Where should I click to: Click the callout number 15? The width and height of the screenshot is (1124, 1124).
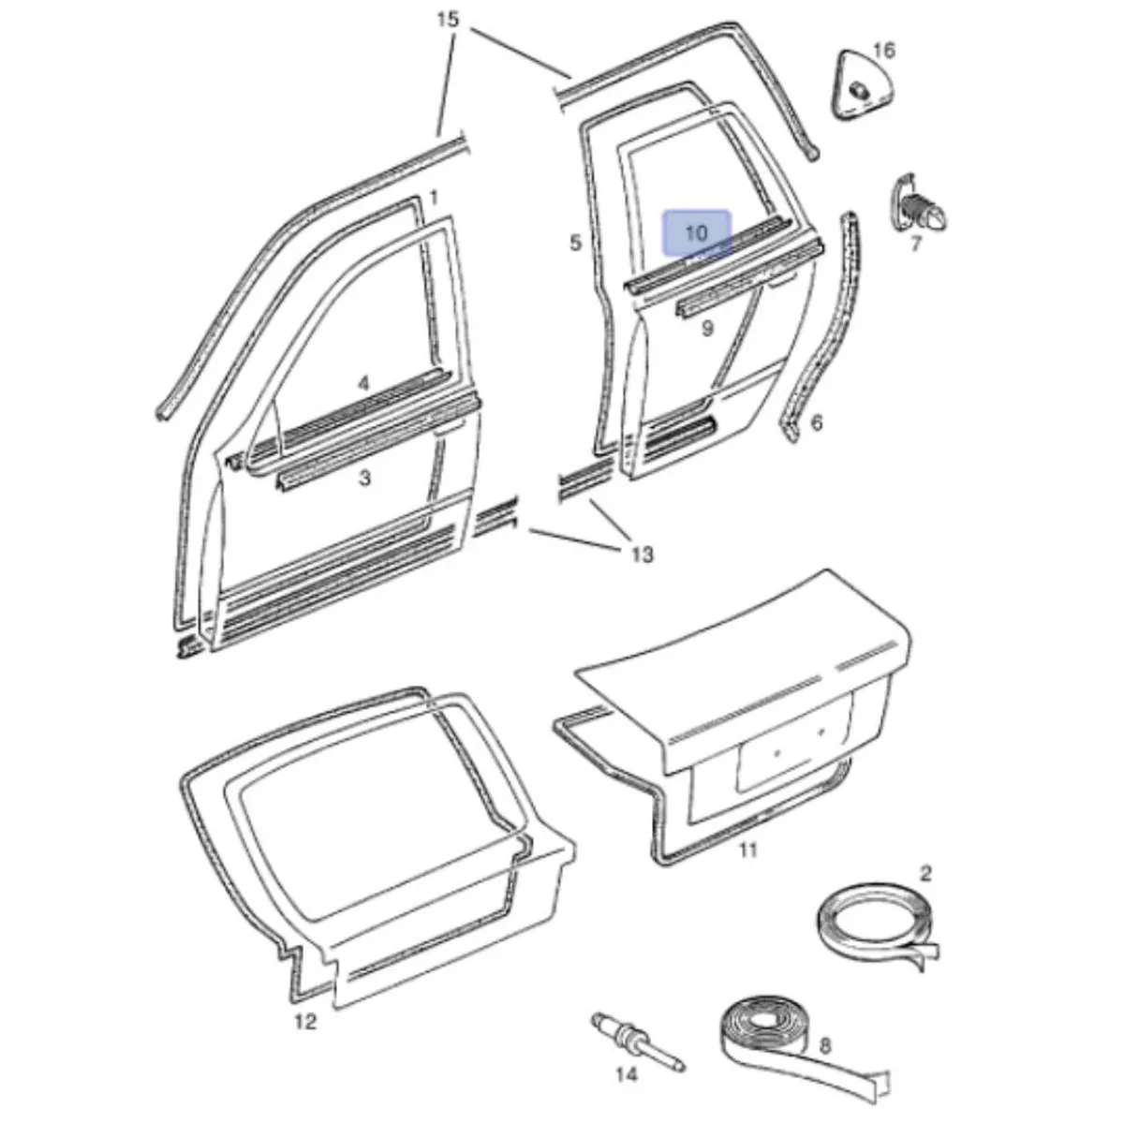448,20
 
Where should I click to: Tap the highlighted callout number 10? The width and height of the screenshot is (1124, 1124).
696,233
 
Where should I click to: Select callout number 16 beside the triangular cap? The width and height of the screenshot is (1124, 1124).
883,51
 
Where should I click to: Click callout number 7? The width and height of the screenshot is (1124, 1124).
916,244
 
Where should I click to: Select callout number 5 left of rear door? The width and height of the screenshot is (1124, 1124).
576,243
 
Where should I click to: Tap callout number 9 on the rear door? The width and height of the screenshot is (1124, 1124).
707,329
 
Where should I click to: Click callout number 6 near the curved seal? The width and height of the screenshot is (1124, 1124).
817,421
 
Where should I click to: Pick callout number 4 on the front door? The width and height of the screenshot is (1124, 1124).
364,384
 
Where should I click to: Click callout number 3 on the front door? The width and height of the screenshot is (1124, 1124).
364,479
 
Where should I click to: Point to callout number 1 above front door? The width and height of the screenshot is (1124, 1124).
434,199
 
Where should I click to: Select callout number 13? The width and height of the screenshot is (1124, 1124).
642,555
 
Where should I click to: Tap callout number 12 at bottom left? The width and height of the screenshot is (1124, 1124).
305,1021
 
